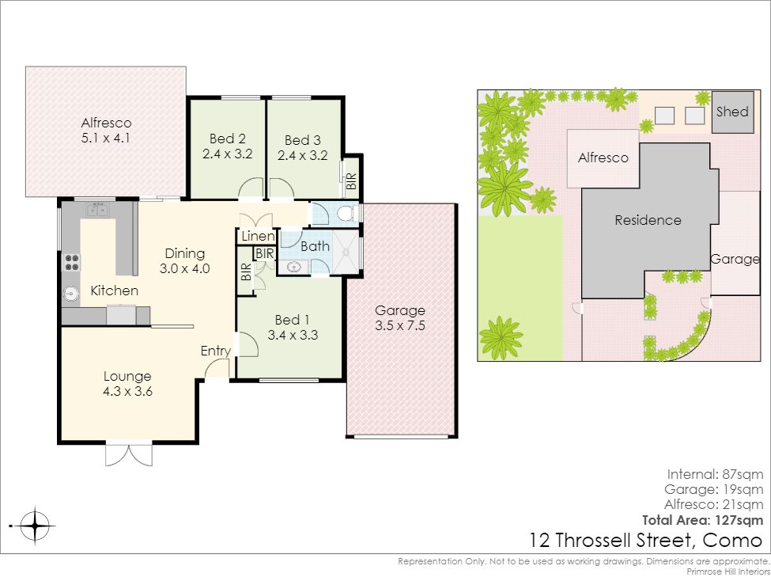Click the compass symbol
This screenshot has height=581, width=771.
[35, 526]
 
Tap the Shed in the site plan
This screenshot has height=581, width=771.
[732, 112]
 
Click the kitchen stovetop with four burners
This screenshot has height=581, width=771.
[71, 263]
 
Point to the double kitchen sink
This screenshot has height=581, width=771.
[97, 211]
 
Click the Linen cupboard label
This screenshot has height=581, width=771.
[258, 237]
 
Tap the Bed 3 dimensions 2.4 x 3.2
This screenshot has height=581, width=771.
[302, 156]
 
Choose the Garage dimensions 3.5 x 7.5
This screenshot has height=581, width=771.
[400, 325]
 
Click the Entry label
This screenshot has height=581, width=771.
[216, 351]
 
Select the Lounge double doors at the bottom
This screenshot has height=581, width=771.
[129, 454]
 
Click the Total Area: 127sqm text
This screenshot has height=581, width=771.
[703, 520]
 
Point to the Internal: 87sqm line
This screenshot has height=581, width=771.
[715, 475]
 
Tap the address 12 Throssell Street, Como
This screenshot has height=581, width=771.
[645, 541]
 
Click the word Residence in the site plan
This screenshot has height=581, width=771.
[648, 220]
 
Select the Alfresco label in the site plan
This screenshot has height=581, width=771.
[603, 158]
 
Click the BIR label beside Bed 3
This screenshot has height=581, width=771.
[351, 181]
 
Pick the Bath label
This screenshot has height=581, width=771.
[315, 246]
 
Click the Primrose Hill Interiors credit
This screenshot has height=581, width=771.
[728, 572]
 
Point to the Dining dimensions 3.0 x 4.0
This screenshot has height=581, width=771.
[184, 269]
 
